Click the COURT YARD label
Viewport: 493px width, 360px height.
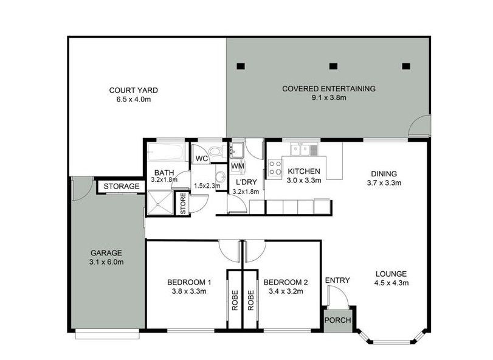133,90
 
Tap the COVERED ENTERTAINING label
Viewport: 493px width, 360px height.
328,89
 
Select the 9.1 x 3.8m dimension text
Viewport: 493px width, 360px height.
329,98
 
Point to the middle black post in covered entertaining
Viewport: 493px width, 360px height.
333,66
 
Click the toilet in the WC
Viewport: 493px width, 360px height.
216,151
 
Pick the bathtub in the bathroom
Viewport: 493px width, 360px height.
166,153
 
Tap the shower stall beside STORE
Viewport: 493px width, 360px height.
160,202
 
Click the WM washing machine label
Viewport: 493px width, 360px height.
238,165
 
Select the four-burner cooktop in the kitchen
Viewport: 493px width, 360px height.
275,168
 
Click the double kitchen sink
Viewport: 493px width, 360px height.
300,150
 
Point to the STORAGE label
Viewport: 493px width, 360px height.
122,187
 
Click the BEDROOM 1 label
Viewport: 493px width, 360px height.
189,282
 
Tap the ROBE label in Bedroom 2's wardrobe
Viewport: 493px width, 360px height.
250,300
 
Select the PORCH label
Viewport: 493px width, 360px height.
337,320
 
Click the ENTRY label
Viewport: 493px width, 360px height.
337,280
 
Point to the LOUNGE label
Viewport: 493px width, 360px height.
391,274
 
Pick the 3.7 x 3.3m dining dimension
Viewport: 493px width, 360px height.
384,183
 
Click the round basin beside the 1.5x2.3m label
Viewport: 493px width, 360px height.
221,177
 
